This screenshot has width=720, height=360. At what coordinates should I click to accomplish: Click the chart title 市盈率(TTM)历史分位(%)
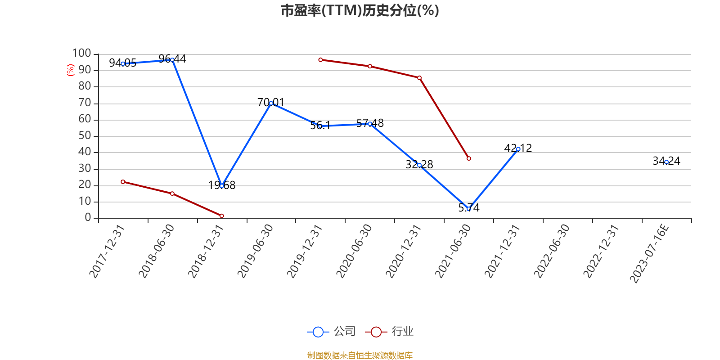360,10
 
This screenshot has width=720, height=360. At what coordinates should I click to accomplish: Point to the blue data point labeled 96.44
172,60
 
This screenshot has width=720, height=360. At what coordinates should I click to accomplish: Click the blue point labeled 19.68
222,186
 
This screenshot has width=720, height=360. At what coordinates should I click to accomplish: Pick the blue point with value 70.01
271,103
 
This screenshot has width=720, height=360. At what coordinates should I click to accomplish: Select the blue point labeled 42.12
518,149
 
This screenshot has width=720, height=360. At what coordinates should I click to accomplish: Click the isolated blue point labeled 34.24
666,162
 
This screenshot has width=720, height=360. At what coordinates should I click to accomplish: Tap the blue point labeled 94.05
123,63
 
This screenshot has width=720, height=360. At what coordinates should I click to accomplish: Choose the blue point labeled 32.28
419,165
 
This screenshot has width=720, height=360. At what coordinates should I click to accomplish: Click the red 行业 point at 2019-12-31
320,60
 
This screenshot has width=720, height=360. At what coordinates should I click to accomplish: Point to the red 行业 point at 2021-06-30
469,158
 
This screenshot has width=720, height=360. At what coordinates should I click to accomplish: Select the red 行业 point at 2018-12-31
222,216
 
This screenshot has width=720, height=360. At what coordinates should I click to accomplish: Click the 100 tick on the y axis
82,54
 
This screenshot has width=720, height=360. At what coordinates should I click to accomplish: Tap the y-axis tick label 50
85,136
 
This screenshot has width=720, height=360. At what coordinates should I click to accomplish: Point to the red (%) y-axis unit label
70,70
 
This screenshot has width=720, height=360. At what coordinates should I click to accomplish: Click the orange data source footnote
360,355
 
